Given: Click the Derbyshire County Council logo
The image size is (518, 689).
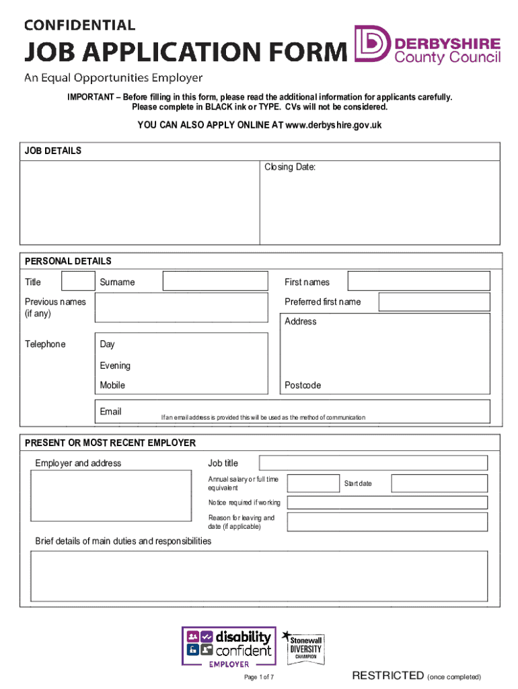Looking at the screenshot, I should point(428,45).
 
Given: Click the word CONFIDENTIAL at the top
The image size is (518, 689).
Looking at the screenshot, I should point(80,25).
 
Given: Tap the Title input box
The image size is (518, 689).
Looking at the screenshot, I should point(78,281).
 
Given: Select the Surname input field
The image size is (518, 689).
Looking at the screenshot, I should point(215,281).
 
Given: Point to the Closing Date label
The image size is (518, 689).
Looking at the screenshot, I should point(289,167).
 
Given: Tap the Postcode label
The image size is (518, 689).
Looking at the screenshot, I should point(303,386).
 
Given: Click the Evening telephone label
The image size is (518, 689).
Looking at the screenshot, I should point(115,365).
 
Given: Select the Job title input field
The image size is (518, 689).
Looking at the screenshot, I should point(373,463).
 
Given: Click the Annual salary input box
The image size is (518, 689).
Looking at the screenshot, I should point(311,483).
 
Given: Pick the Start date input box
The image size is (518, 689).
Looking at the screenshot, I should point(439,483).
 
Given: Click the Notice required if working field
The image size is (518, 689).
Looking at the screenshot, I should point(387,503).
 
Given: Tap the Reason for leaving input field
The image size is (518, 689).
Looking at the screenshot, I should point(387,522).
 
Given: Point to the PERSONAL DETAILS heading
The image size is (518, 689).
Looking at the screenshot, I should point(68,261).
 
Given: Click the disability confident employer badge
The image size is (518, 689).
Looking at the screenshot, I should point(229,647).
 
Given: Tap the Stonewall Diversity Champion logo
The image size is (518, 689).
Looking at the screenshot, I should point(305,645).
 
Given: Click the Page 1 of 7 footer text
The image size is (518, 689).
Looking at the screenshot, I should point(259,677).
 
